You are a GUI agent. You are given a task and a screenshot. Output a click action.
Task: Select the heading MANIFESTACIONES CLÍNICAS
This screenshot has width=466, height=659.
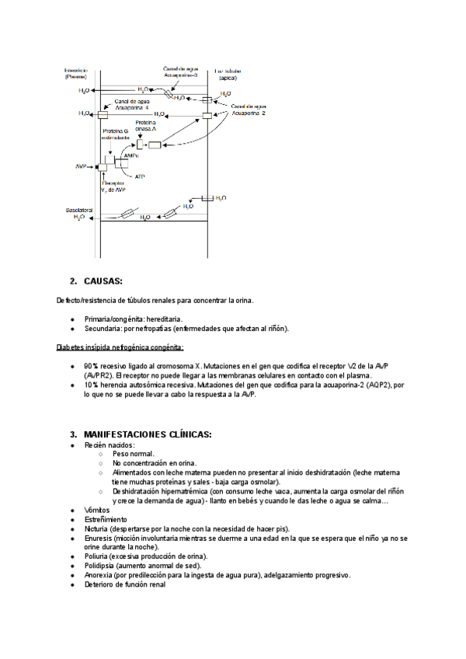click(x=148, y=434)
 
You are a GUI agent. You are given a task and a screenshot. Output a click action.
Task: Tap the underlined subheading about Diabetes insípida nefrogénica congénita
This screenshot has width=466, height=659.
click(x=120, y=347)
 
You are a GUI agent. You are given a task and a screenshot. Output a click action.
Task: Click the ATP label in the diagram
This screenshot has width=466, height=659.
click(x=140, y=177)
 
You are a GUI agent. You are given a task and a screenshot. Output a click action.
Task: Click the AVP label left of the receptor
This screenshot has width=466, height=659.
click(x=80, y=167)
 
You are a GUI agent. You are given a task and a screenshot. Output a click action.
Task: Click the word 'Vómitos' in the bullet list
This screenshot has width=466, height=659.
click(x=97, y=509)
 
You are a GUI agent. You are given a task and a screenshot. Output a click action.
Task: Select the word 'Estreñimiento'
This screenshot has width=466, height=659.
click(x=107, y=519)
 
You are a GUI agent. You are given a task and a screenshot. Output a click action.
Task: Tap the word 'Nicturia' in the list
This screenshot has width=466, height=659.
click(x=98, y=528)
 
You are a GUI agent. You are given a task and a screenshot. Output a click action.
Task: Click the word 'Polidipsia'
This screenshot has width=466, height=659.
click(x=102, y=566)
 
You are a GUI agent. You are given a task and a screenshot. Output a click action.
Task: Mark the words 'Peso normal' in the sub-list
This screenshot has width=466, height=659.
click(x=133, y=453)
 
